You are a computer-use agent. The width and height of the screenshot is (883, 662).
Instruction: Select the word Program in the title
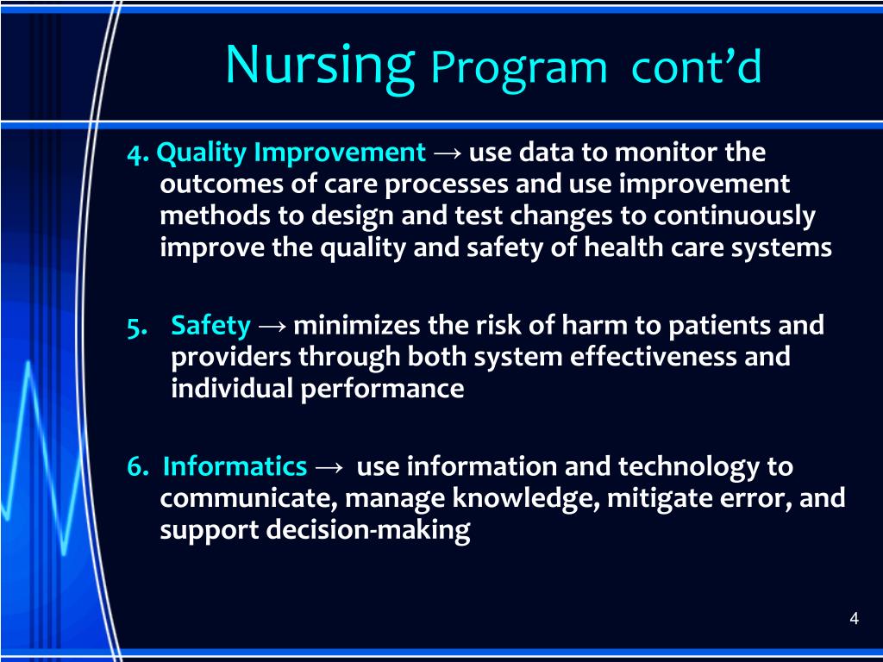point(519,68)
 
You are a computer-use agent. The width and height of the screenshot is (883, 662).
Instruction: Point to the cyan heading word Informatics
point(235,467)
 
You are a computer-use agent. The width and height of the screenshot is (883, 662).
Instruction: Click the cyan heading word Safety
point(211,326)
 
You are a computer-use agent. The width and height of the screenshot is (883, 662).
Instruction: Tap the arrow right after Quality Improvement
point(448,154)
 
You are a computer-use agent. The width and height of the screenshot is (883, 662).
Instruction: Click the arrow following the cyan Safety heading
point(272,327)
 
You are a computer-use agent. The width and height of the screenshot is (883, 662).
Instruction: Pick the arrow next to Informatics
point(329,468)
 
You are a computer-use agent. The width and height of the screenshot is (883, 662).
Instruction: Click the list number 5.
point(136,327)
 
